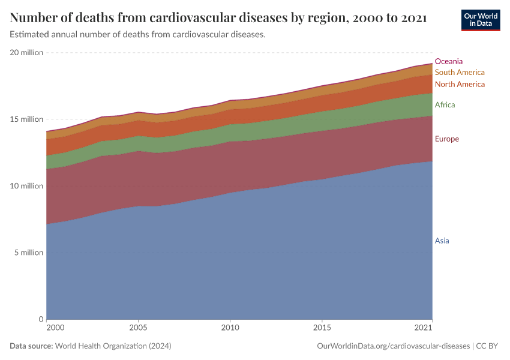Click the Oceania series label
(x=448, y=61)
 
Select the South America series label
(x=459, y=73)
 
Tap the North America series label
(x=459, y=84)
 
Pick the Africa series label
(x=445, y=105)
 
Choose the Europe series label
(x=446, y=139)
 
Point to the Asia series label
(x=442, y=241)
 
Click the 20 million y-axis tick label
(x=26, y=53)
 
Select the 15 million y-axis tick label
(x=26, y=119)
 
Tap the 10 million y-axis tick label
(x=26, y=186)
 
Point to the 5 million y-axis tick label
(x=29, y=253)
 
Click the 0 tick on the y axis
(x=41, y=319)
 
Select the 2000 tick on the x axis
(x=55, y=328)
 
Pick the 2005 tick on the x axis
(x=138, y=328)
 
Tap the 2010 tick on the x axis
(x=230, y=328)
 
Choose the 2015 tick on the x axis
(x=322, y=328)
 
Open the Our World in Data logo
(x=480, y=20)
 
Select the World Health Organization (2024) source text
(x=113, y=346)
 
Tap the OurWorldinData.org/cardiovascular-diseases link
(x=392, y=346)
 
